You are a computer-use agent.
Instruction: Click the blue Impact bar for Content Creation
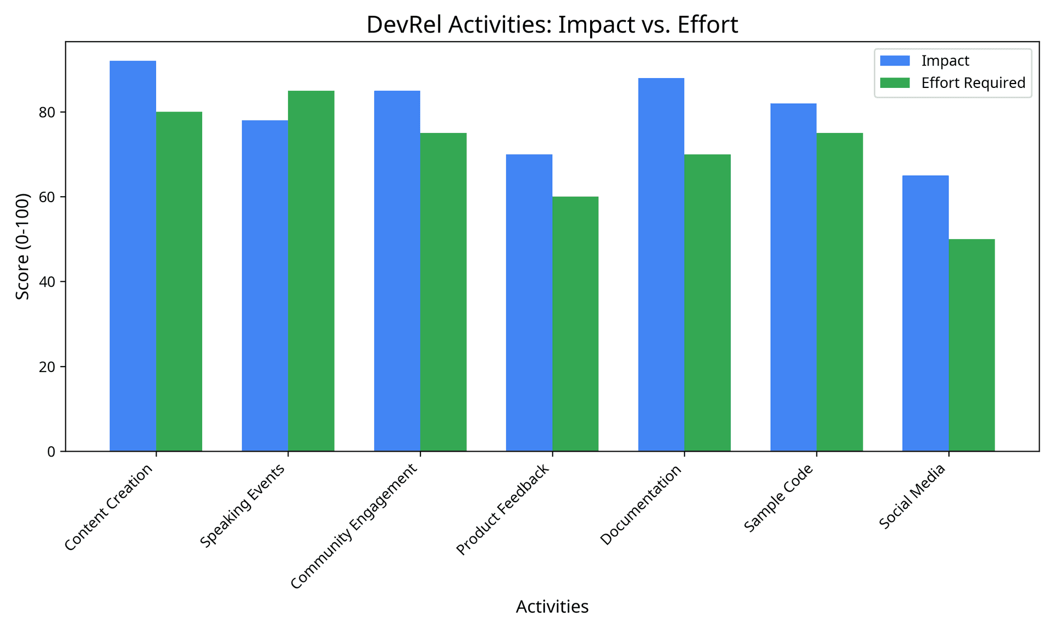[132, 256]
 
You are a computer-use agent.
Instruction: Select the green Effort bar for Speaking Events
[311, 271]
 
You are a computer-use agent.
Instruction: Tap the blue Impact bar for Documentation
[661, 264]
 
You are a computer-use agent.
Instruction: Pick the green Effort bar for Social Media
[971, 345]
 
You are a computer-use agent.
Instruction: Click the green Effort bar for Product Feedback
[575, 324]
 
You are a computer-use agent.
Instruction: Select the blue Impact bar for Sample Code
[793, 277]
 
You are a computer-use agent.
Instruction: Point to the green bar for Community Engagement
[443, 292]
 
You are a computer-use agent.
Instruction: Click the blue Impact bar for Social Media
[925, 313]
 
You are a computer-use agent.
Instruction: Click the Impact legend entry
[945, 60]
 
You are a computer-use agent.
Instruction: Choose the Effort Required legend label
[973, 83]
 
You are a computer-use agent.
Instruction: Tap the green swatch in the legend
[895, 83]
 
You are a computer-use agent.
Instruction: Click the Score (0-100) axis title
[23, 246]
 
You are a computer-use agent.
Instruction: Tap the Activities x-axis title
[552, 607]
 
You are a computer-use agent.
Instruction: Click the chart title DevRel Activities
[552, 25]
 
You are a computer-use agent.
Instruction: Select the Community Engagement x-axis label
[354, 526]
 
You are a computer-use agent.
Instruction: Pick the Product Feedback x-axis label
[503, 509]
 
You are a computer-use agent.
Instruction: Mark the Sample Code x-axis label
[778, 498]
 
